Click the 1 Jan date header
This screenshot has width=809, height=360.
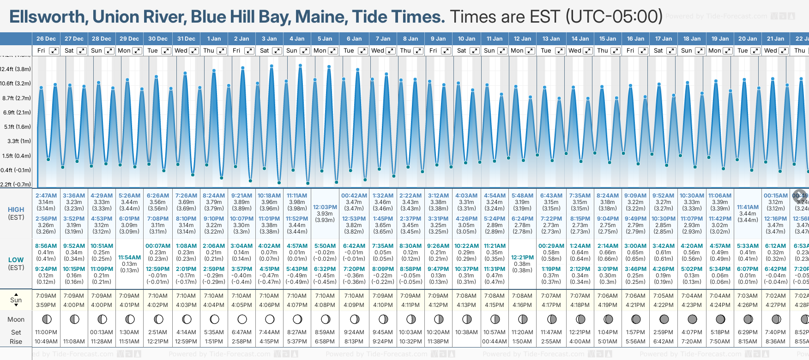[214, 39]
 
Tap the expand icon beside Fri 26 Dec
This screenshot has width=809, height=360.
[54, 51]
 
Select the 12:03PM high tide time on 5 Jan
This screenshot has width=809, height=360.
[325, 207]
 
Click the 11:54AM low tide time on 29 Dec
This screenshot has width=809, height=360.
[129, 258]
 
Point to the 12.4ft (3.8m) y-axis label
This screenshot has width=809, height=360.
[16, 69]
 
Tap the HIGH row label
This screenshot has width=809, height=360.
[16, 210]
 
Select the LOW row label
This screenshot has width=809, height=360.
[16, 260]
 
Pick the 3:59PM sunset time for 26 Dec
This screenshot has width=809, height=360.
[46, 305]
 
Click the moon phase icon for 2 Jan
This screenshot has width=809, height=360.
[242, 319]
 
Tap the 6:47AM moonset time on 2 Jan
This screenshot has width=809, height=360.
[241, 332]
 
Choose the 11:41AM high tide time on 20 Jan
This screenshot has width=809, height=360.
[748, 207]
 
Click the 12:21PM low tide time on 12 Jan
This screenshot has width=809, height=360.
[522, 258]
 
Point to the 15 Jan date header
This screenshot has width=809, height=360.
[608, 39]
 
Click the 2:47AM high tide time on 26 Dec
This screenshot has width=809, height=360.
[46, 196]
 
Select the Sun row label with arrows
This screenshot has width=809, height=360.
[16, 300]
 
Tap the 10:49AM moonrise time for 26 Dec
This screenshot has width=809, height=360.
[46, 342]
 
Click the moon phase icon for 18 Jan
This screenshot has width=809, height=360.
[692, 319]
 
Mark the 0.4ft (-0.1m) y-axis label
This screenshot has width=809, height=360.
[16, 170]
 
